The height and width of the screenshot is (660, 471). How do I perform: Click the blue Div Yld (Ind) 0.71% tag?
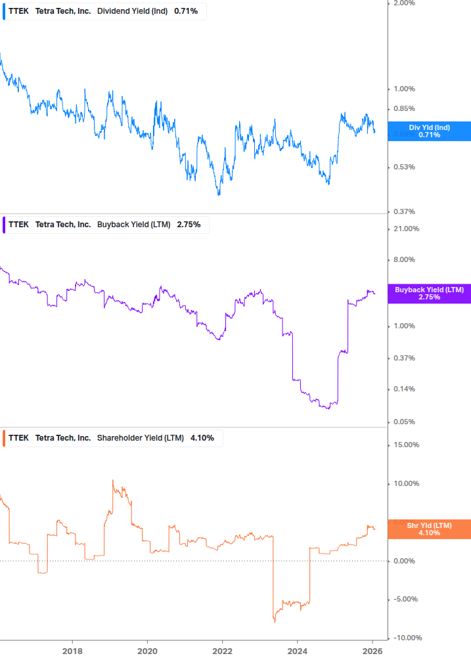429,131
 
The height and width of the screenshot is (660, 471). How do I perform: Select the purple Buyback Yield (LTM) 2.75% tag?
429,294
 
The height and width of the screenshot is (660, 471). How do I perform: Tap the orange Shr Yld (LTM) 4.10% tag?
429,529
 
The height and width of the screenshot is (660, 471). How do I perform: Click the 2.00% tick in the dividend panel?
404,3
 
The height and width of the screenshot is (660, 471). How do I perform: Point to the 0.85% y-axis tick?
404,109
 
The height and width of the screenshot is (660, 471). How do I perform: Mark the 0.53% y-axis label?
404,167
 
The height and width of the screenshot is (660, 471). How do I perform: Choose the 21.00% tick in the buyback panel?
405,229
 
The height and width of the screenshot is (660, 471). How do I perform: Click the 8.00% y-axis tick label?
404,259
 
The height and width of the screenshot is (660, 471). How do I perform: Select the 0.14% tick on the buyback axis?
404,389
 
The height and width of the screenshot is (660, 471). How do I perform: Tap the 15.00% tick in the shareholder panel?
405,445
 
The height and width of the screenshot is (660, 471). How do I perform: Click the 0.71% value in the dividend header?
186,11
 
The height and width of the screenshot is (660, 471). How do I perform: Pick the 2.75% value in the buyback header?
189,225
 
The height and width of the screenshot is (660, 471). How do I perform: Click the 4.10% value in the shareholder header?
202,438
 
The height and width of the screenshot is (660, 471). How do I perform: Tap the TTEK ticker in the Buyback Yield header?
18,225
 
